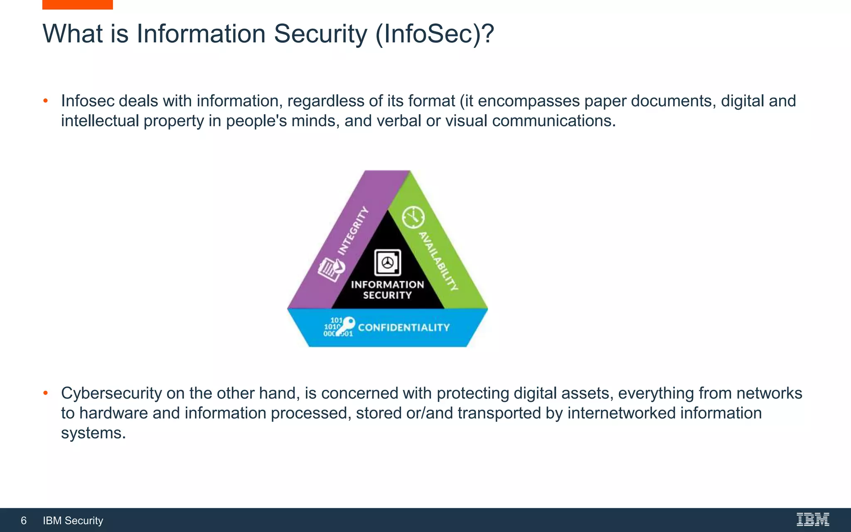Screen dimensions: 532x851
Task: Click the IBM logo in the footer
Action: pyautogui.click(x=813, y=520)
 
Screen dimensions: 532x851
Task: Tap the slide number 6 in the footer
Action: pyautogui.click(x=24, y=520)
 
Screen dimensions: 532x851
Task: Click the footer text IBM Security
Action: pyautogui.click(x=73, y=520)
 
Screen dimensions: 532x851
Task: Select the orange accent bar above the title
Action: pyautogui.click(x=77, y=5)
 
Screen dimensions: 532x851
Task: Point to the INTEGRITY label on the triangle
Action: pyautogui.click(x=353, y=231)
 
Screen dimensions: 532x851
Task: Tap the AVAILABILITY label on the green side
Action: pyautogui.click(x=438, y=261)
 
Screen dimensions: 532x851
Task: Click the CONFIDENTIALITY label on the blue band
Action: pyautogui.click(x=404, y=328)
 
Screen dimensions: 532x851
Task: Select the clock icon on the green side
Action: pyautogui.click(x=413, y=217)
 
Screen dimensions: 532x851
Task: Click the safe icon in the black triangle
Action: pyautogui.click(x=388, y=263)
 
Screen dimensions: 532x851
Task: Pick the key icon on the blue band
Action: pyautogui.click(x=346, y=326)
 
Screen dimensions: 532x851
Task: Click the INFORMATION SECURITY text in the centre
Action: pyautogui.click(x=387, y=290)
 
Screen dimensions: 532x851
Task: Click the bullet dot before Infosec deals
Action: pyautogui.click(x=46, y=101)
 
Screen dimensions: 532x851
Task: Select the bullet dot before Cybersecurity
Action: pyautogui.click(x=46, y=393)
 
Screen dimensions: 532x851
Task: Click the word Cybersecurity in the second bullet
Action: pyautogui.click(x=111, y=393)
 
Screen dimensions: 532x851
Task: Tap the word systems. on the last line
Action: pyautogui.click(x=93, y=433)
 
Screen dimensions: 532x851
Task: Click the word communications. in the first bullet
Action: pyautogui.click(x=554, y=121)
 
